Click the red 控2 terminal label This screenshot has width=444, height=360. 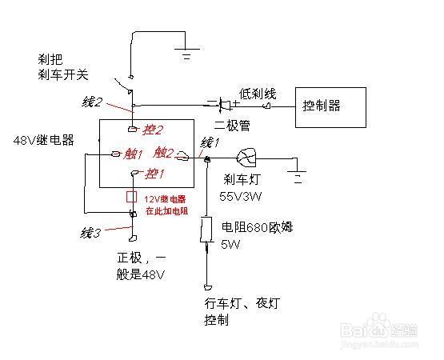[152, 129]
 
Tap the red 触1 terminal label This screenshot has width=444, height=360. [132, 154]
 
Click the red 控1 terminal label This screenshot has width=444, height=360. [154, 173]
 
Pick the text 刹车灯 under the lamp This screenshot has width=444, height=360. [239, 179]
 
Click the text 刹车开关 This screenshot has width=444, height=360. [62, 75]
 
